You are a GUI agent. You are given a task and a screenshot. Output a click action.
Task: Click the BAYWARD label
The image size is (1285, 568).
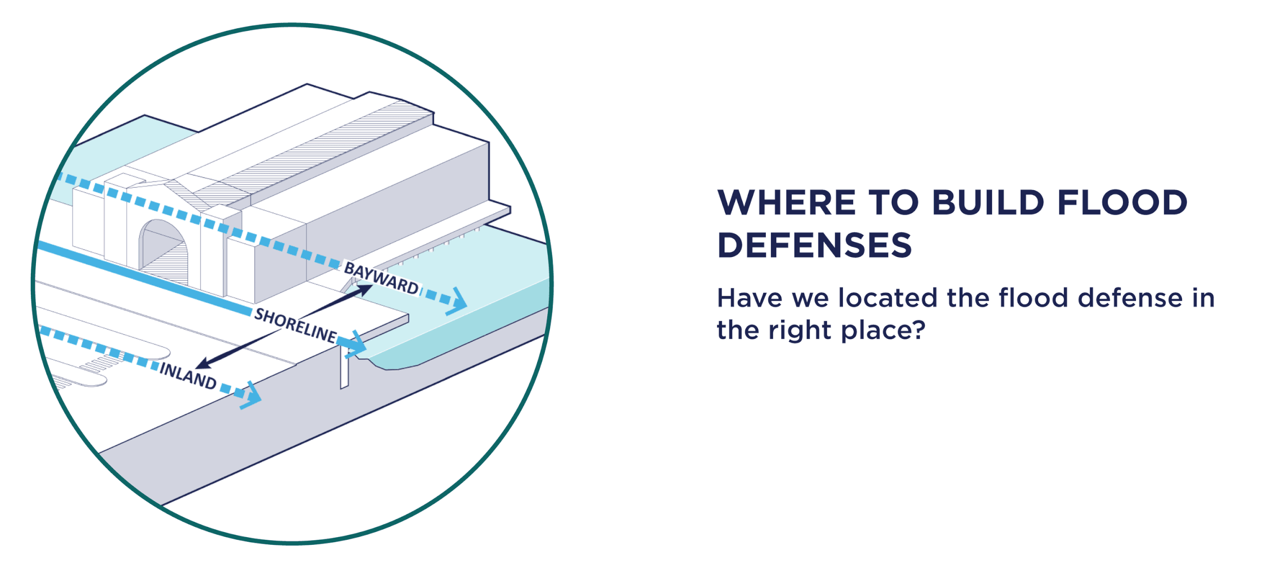point(381,278)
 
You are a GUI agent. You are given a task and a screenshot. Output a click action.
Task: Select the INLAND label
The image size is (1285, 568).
point(188,375)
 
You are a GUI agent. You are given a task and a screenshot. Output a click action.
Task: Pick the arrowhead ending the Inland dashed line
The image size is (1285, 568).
point(251,395)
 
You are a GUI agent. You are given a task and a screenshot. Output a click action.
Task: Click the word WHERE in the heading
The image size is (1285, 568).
point(786,203)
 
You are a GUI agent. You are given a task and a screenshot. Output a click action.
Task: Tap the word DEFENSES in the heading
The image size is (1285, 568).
point(814,245)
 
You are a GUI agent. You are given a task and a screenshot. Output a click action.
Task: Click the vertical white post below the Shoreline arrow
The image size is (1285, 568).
point(344,367)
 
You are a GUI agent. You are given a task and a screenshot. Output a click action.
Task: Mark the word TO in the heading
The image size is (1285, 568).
point(893,203)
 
